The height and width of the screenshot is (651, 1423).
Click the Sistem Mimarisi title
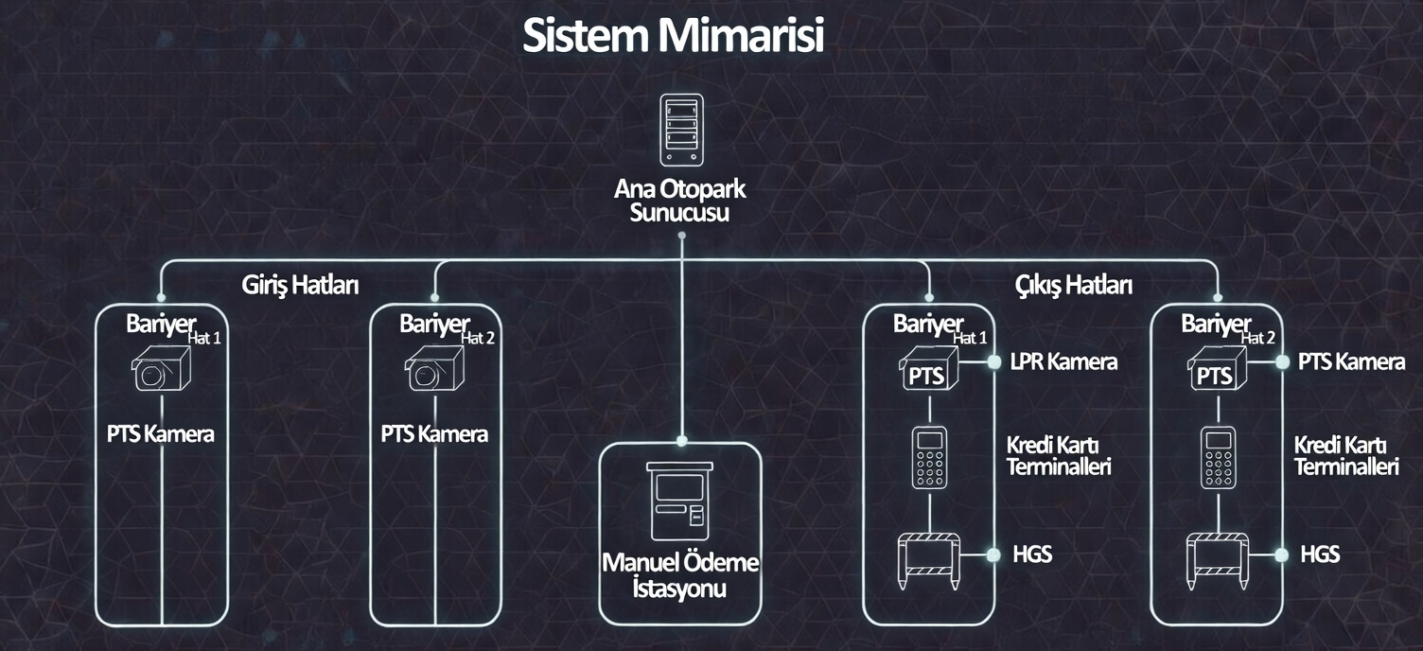coord(673,36)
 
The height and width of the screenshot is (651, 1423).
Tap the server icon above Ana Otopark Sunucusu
coord(681,131)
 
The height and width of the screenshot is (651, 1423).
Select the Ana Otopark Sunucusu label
coord(680,201)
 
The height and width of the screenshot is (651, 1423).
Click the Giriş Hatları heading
coord(300,285)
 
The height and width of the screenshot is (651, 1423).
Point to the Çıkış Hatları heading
coord(1074,285)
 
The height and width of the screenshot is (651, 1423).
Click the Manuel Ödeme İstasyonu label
coord(680,575)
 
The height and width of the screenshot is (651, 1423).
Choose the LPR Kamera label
coord(1063,361)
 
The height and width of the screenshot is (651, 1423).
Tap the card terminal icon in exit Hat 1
coord(929,458)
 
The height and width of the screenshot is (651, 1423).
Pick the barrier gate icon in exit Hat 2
coord(1217,559)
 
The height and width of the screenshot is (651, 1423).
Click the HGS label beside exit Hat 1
coord(1031,554)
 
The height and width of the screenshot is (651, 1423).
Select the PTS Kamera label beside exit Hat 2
coord(1351,361)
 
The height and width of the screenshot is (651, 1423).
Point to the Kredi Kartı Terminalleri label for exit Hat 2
coord(1346,456)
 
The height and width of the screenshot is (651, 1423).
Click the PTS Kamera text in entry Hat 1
coord(161,434)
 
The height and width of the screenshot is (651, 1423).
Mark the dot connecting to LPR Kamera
coord(993,361)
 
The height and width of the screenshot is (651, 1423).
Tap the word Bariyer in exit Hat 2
coord(1215,324)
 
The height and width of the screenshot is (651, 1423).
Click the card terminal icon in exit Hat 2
coord(1217,458)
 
